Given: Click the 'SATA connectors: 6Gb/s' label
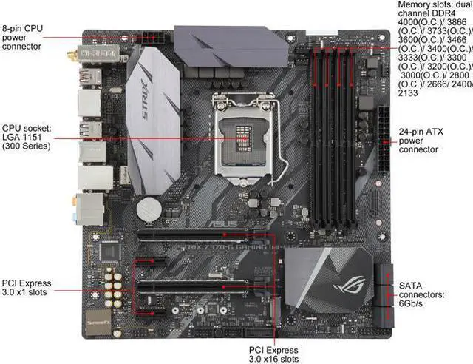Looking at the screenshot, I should (422, 294).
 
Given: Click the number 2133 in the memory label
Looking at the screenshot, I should (409, 94).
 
